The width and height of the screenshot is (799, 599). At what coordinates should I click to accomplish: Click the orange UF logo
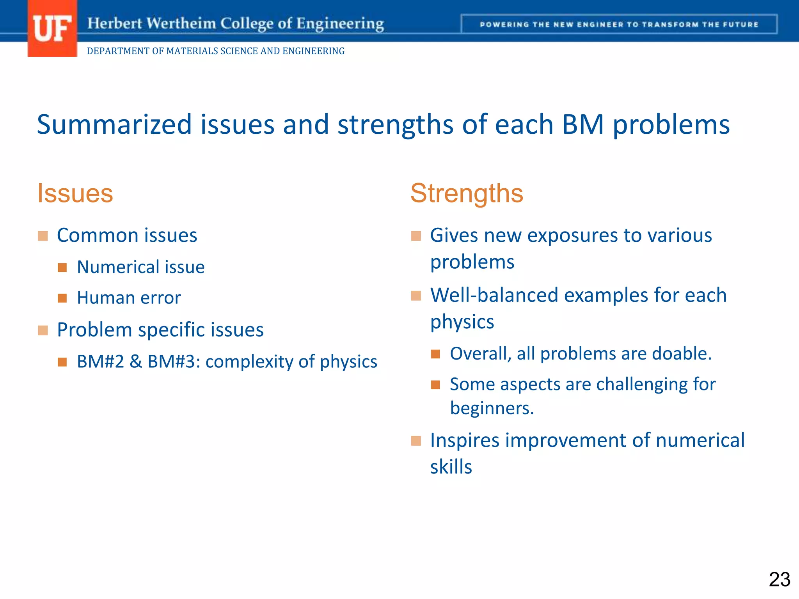click(x=52, y=28)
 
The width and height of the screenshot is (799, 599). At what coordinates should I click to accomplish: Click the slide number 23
click(x=779, y=579)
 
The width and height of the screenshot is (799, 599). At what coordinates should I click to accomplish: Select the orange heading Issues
click(x=75, y=193)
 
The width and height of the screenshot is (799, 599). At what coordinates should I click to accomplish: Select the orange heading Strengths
click(x=467, y=193)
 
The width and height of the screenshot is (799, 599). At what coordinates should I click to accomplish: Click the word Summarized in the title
click(x=114, y=125)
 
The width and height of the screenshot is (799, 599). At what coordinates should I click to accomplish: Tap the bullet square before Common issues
click(x=43, y=236)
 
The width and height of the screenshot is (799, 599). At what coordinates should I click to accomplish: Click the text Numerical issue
click(x=140, y=267)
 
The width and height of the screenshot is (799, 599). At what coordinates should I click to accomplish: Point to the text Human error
click(x=129, y=298)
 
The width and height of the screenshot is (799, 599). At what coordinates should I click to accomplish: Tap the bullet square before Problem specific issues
click(x=43, y=330)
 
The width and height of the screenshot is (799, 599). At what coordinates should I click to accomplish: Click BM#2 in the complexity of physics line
click(x=100, y=362)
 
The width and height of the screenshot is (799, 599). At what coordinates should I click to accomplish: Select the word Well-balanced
click(x=494, y=295)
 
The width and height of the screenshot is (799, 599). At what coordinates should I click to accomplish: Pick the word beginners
click(x=492, y=408)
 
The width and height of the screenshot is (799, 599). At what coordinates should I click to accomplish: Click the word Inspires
click(x=465, y=441)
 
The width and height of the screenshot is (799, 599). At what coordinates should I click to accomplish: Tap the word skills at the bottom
click(x=451, y=467)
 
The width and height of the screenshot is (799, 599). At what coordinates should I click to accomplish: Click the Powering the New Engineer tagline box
click(x=619, y=25)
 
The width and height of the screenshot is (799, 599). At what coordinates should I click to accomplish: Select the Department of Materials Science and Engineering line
click(x=215, y=51)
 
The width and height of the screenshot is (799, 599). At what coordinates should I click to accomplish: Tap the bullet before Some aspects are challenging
click(x=435, y=385)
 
